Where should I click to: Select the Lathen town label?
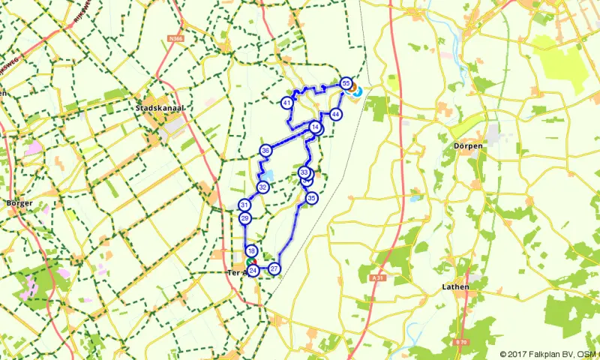[456, 286]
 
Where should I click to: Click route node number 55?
[346, 83]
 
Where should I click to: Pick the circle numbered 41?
[287, 102]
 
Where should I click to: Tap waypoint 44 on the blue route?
[335, 114]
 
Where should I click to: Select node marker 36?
[265, 151]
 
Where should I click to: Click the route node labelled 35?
[311, 198]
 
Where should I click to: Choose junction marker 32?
[262, 187]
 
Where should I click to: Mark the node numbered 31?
[244, 205]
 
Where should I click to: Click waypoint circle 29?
[245, 218]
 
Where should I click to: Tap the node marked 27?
[274, 268]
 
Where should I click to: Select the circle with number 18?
[252, 251]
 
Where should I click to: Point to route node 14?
[315, 128]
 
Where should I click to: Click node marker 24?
[253, 270]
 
